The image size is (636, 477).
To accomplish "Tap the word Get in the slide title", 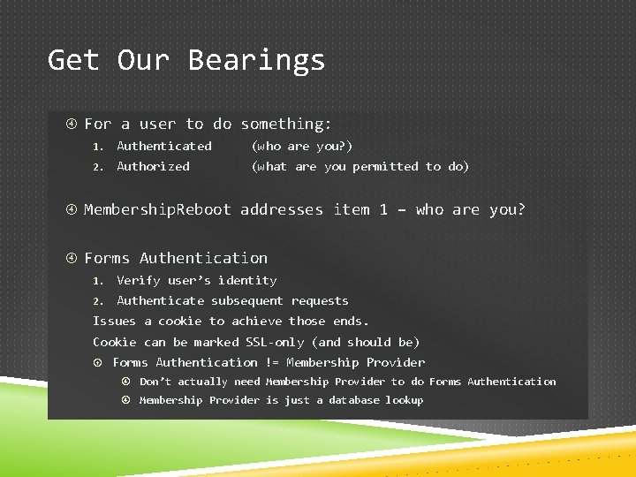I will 73,60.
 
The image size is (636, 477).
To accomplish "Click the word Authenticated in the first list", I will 164,146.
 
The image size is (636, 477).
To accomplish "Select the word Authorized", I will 153,166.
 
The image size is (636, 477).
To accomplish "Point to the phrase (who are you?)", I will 302,146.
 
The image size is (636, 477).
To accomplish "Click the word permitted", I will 385,166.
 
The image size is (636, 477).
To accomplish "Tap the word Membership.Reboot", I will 157,209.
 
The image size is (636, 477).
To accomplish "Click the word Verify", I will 138,280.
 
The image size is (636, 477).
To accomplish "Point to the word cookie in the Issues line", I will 179,321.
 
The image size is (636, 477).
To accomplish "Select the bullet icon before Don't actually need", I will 126,382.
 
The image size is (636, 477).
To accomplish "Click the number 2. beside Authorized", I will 100,167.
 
